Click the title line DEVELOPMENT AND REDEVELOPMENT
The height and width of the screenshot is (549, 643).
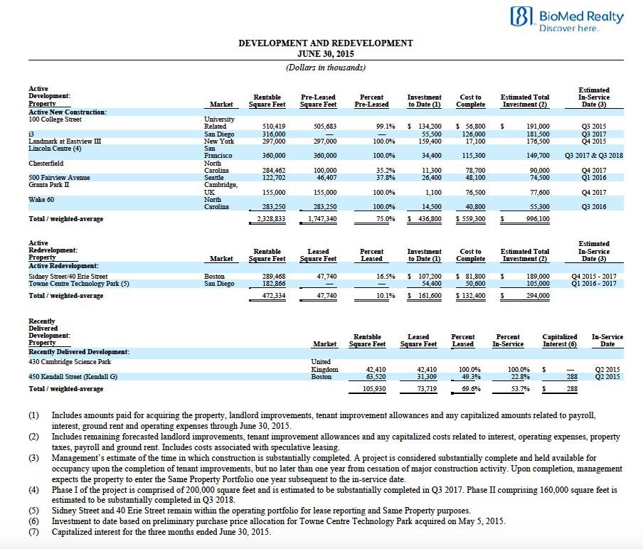325,43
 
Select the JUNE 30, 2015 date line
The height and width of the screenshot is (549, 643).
325,53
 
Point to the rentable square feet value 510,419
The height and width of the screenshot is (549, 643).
274,127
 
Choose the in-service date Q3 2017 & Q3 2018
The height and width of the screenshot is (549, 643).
593,156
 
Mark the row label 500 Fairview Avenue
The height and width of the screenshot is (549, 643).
58,178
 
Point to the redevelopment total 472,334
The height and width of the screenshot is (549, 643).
274,296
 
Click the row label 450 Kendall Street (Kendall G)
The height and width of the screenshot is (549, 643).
73,377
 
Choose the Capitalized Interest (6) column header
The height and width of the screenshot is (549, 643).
559,341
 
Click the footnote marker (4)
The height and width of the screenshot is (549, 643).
33,490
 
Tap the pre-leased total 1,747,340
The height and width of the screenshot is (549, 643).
324,219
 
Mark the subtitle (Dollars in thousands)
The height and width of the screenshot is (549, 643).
325,68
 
